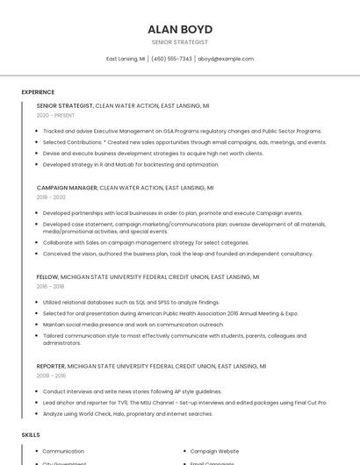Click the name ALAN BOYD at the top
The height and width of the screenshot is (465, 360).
click(x=180, y=29)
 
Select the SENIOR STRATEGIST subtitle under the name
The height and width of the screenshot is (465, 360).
click(x=180, y=42)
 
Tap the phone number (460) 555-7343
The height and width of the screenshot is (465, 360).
click(x=171, y=59)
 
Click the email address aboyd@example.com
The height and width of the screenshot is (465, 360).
click(x=226, y=59)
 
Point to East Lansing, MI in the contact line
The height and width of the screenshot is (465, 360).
click(x=126, y=59)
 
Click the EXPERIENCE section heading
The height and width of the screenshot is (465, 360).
click(x=38, y=92)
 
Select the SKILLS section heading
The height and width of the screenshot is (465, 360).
click(x=31, y=434)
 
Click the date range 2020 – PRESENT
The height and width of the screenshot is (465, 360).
click(x=55, y=115)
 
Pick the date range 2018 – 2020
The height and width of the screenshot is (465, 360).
click(x=51, y=197)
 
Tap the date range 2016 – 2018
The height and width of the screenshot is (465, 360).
click(x=50, y=286)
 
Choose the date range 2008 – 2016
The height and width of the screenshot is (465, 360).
click(x=51, y=376)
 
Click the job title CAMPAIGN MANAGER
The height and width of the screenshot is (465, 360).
click(x=67, y=188)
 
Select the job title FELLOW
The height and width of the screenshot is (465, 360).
click(x=47, y=276)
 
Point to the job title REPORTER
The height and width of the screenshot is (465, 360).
click(x=51, y=366)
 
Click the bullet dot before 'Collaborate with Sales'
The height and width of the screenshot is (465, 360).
click(x=37, y=242)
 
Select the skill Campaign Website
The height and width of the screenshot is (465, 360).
click(x=214, y=451)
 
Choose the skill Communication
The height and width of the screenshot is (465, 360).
click(x=63, y=451)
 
